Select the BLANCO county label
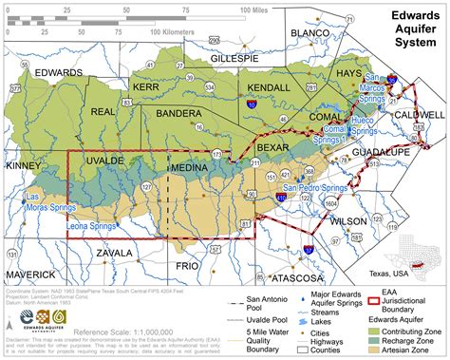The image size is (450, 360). tap(309, 34)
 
